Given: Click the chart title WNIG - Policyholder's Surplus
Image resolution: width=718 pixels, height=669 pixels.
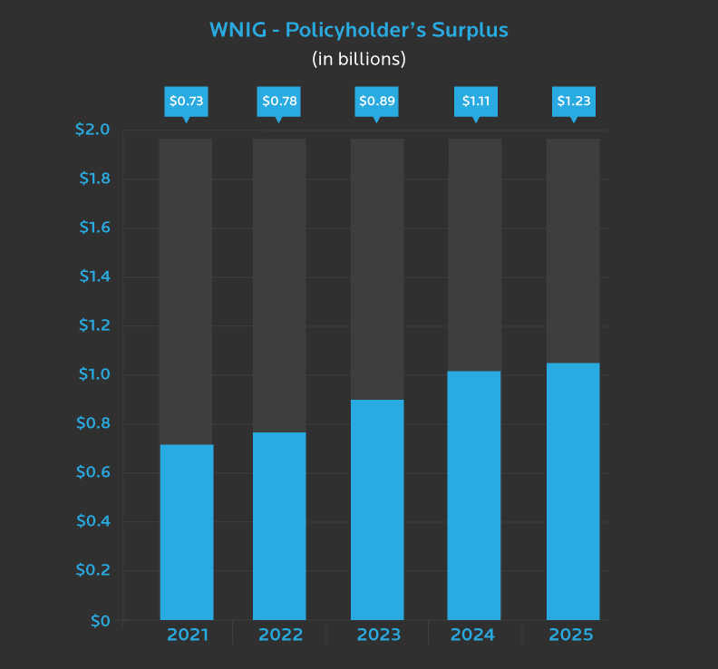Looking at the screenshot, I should (359, 30).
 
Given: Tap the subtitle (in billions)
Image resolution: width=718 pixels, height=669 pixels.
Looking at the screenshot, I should (359, 60).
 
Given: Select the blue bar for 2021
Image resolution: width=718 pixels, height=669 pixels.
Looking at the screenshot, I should (187, 532).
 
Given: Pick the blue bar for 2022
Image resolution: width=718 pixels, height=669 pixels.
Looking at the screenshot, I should (279, 526).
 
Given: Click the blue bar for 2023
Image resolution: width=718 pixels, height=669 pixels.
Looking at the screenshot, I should (377, 509).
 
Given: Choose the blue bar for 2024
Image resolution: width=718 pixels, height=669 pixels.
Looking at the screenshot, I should (474, 496).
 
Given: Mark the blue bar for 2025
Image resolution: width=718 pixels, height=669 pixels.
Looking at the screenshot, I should (573, 491).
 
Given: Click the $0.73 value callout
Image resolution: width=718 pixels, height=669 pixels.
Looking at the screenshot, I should (186, 101).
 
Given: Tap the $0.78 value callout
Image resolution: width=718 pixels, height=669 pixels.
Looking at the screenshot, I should (279, 101).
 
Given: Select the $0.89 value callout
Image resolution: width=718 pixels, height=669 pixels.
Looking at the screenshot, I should (377, 101).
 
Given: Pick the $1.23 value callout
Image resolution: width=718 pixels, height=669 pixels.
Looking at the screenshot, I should (574, 101).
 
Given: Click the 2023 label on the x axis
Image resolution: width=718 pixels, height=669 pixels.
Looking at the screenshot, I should (379, 635).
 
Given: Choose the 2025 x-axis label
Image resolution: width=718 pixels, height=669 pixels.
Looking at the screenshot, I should (570, 635).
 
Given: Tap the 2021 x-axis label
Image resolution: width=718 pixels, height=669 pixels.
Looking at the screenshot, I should (187, 635).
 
